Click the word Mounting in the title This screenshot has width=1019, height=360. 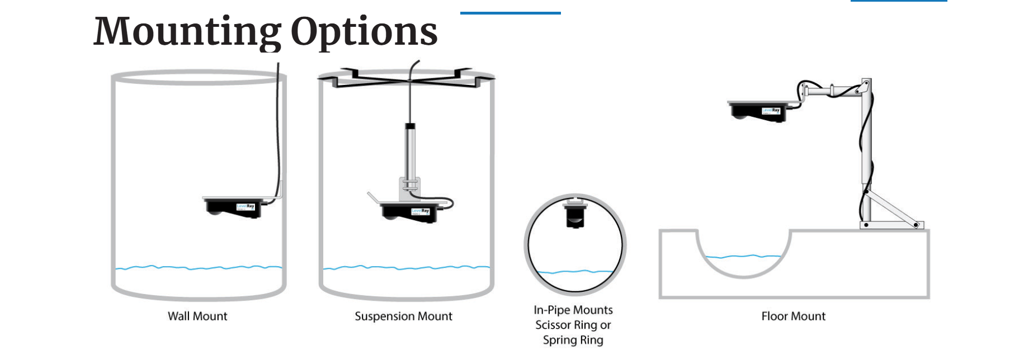pos(187,32)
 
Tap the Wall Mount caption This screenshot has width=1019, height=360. pos(197,316)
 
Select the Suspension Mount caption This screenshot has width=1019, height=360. pos(403,316)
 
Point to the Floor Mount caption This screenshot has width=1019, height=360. pos(793,316)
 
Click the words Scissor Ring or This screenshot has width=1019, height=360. pos(573,325)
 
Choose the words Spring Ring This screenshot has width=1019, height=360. pos(573,340)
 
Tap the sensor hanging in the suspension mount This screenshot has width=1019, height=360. pos(409,212)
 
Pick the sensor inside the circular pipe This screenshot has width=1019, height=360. pos(575,214)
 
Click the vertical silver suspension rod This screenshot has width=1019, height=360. pos(411,151)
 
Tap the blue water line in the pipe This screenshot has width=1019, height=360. pos(574,272)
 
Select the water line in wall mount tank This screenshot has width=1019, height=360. pos(199,268)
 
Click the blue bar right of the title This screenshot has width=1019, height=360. pos(510,13)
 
